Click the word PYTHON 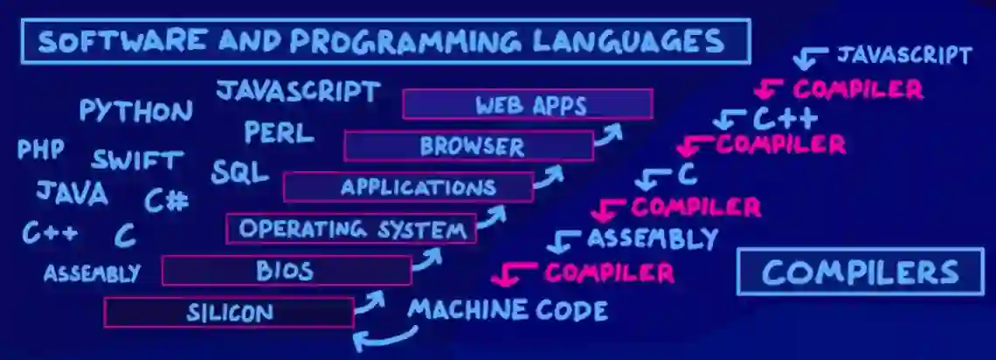(x=135, y=111)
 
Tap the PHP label (x=41, y=149)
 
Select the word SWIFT (x=138, y=161)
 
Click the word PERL (x=278, y=133)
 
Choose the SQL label (x=239, y=171)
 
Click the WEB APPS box (x=527, y=105)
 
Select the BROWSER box (x=468, y=146)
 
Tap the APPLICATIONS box (x=408, y=187)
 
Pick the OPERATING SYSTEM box (x=350, y=229)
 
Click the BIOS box (x=286, y=271)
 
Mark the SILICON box (x=228, y=312)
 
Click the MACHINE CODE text (x=508, y=309)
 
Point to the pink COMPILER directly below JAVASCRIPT (x=857, y=88)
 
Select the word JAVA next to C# (x=72, y=192)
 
